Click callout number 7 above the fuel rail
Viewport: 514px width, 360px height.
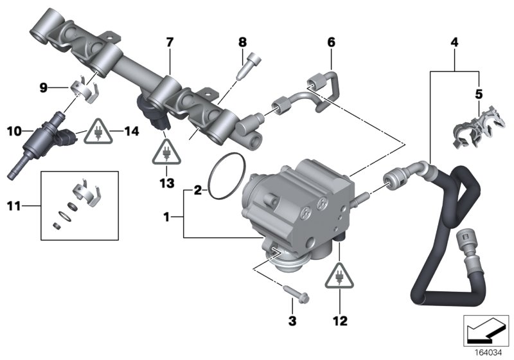170,42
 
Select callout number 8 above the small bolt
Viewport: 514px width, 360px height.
242,42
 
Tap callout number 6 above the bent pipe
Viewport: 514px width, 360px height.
331,42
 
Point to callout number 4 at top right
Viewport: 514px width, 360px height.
455,42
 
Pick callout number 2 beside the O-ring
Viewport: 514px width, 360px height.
198,190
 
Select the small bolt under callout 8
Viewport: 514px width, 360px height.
247,67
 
